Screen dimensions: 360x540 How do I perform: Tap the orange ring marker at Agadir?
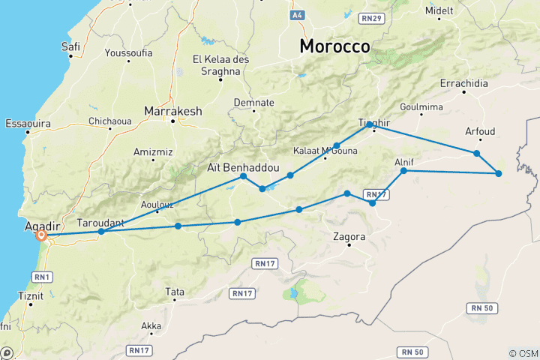coord(41,235)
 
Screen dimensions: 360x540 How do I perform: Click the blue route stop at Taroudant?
coord(101,232)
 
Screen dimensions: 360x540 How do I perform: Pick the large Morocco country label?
coord(334,46)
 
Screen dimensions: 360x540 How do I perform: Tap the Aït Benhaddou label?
coord(234,168)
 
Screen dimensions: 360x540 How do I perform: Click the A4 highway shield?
coord(298,14)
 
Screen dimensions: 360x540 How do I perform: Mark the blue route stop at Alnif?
coord(403,171)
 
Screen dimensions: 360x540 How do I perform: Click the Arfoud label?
coord(480,131)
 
